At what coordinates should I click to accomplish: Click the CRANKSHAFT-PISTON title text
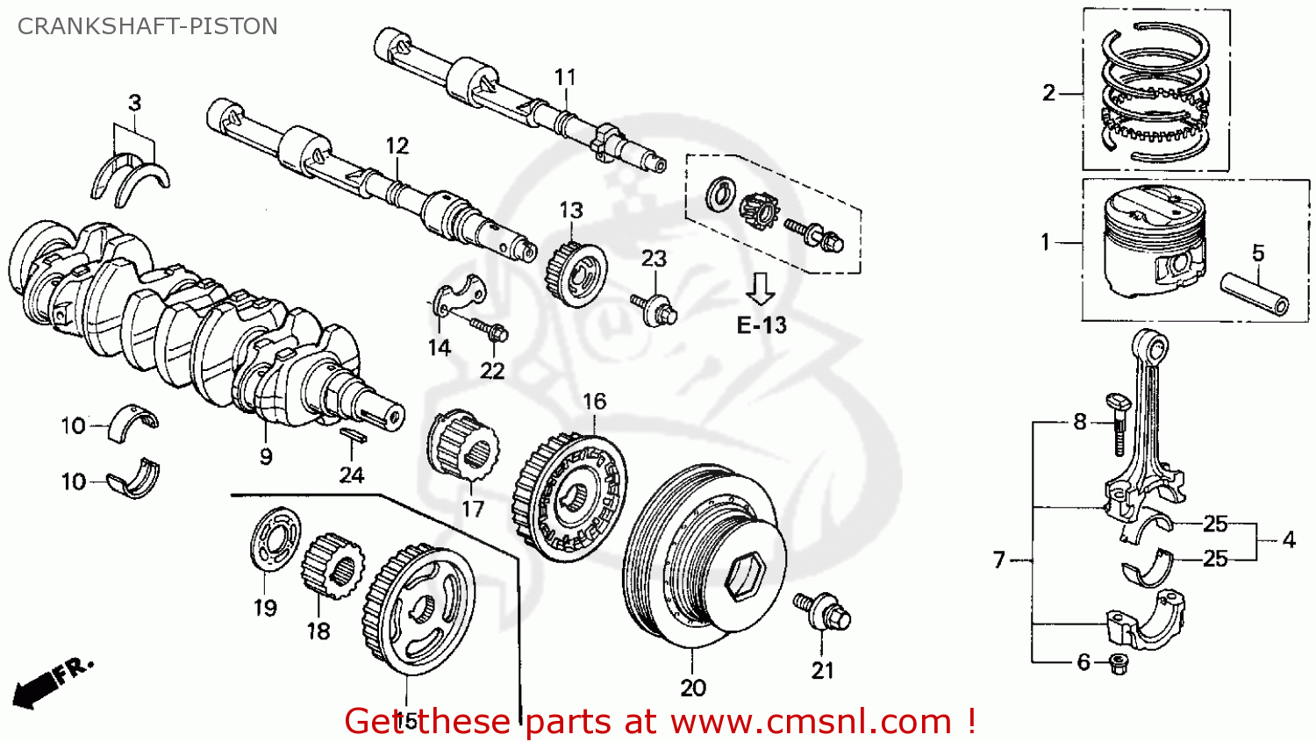[x=147, y=26]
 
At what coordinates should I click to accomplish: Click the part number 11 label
[x=565, y=77]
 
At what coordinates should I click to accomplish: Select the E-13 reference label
[x=761, y=325]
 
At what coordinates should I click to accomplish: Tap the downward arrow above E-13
[x=760, y=288]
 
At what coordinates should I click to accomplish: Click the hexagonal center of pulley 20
[x=747, y=575]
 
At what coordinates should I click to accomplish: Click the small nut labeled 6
[x=1119, y=663]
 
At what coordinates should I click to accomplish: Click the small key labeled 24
[x=352, y=434]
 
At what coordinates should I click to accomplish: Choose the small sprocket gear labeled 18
[x=333, y=567]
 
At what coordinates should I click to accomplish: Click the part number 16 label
[x=594, y=401]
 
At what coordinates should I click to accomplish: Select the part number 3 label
[x=134, y=103]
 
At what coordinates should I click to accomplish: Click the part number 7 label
[x=999, y=560]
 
